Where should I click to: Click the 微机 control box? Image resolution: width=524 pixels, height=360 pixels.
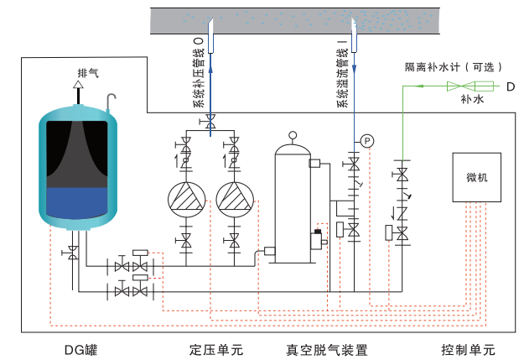click(x=477, y=178)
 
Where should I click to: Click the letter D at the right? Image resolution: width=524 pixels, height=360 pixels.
click(x=510, y=86)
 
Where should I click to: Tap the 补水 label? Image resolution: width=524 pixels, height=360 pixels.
click(x=472, y=99)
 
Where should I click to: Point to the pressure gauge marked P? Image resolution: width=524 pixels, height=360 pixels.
click(x=366, y=138)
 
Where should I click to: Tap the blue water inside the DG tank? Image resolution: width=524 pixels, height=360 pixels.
click(x=76, y=201)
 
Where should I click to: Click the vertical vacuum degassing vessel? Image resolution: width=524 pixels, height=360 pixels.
click(x=293, y=201)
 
